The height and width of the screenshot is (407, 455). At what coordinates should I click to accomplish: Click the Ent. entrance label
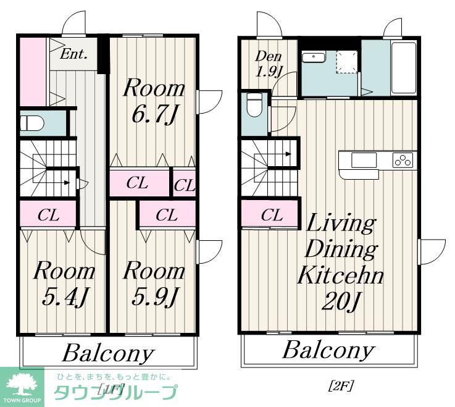point(73,54)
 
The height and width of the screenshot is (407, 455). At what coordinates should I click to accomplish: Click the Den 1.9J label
point(269,64)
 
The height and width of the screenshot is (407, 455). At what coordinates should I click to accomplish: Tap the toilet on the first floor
point(32,123)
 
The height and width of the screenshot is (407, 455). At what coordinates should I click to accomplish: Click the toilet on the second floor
point(254,105)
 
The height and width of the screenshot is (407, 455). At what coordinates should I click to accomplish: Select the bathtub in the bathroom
point(404,68)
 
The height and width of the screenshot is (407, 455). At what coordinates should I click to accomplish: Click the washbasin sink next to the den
point(314,57)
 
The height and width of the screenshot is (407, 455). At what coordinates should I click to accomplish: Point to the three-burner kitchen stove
point(403,160)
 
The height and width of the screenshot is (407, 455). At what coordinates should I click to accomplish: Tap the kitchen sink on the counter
point(364,160)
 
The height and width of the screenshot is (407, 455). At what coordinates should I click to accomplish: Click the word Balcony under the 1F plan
point(108,353)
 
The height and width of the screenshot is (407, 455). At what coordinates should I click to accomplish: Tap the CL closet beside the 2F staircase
point(271,215)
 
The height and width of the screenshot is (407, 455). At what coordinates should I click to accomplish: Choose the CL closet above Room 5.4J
point(48,215)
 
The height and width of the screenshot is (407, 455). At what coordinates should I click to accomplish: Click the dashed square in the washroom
point(347,62)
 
